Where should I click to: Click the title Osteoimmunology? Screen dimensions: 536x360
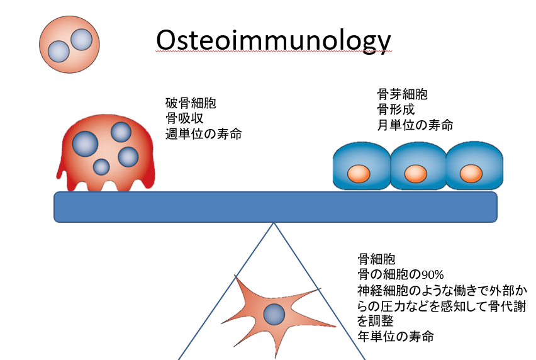(x=273, y=41)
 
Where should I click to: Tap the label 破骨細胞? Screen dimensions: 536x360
(x=191, y=103)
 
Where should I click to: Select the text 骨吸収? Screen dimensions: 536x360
(x=184, y=118)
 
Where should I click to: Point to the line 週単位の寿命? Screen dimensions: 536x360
(x=204, y=133)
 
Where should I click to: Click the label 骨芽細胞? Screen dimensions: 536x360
(x=403, y=94)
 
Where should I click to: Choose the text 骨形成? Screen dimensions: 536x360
(x=396, y=110)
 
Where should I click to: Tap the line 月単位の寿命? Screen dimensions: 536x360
(x=415, y=125)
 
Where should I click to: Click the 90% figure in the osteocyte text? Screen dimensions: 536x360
(x=432, y=274)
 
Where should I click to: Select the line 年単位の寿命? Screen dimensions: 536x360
(x=396, y=337)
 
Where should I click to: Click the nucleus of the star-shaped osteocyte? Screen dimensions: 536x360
(x=274, y=314)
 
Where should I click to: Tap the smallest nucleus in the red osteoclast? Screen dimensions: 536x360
(x=101, y=167)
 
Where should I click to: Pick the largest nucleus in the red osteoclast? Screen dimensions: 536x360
(x=85, y=143)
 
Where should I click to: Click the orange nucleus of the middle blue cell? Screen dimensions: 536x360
(x=416, y=174)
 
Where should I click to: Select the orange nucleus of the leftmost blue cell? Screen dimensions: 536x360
(x=359, y=174)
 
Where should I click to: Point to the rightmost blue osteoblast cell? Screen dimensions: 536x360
(x=474, y=166)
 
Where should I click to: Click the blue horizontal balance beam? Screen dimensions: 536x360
(x=276, y=207)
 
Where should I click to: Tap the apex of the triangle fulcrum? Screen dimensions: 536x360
(x=274, y=223)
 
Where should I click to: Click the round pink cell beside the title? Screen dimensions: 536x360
(x=69, y=45)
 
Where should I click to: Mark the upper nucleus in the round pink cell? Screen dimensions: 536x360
(x=81, y=40)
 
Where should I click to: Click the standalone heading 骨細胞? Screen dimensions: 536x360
(x=376, y=259)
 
